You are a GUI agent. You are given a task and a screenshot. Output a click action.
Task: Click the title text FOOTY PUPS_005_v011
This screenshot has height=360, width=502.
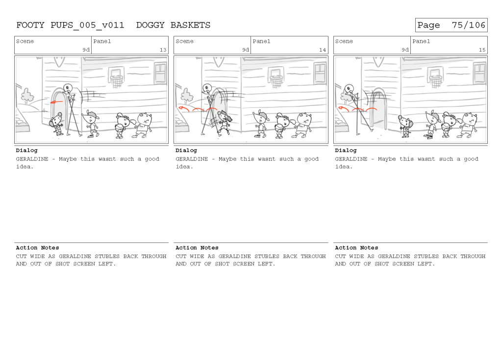point(70,25)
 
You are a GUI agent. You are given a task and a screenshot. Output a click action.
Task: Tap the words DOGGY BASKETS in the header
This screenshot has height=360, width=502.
point(173,25)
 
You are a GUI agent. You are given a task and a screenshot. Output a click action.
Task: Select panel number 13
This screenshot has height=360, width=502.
point(163,50)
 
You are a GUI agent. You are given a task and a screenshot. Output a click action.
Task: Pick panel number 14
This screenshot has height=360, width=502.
point(323,50)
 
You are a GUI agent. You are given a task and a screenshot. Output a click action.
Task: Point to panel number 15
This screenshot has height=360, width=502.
point(482,50)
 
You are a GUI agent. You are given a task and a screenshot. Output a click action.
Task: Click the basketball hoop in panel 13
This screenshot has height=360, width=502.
point(116,79)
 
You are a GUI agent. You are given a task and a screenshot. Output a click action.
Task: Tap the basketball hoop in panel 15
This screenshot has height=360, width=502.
point(435,79)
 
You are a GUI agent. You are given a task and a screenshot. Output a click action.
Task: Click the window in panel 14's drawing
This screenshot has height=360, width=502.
point(320,73)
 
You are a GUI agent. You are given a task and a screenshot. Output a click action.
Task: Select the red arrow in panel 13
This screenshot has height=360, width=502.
point(57,103)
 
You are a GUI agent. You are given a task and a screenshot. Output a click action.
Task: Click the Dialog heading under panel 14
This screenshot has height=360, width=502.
point(186,151)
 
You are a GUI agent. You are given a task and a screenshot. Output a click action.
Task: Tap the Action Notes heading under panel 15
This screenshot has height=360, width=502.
point(356,248)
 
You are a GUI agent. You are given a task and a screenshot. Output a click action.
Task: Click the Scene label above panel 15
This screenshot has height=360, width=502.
point(344,41)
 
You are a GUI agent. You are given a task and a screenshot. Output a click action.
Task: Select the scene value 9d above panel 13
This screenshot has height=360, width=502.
point(86,50)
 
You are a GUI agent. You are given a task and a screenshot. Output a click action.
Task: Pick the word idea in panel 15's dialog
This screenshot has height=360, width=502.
point(342,167)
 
